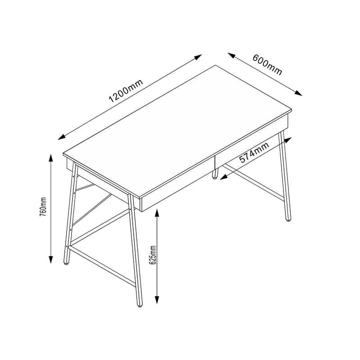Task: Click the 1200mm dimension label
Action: [126, 91]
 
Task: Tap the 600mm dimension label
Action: [267, 65]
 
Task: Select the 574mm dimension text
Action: [254, 152]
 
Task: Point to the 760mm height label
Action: [43, 207]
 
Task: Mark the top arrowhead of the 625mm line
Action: [157, 211]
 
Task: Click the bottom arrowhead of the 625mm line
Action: [157, 303]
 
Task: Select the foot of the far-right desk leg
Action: [288, 220]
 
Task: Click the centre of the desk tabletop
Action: [178, 130]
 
